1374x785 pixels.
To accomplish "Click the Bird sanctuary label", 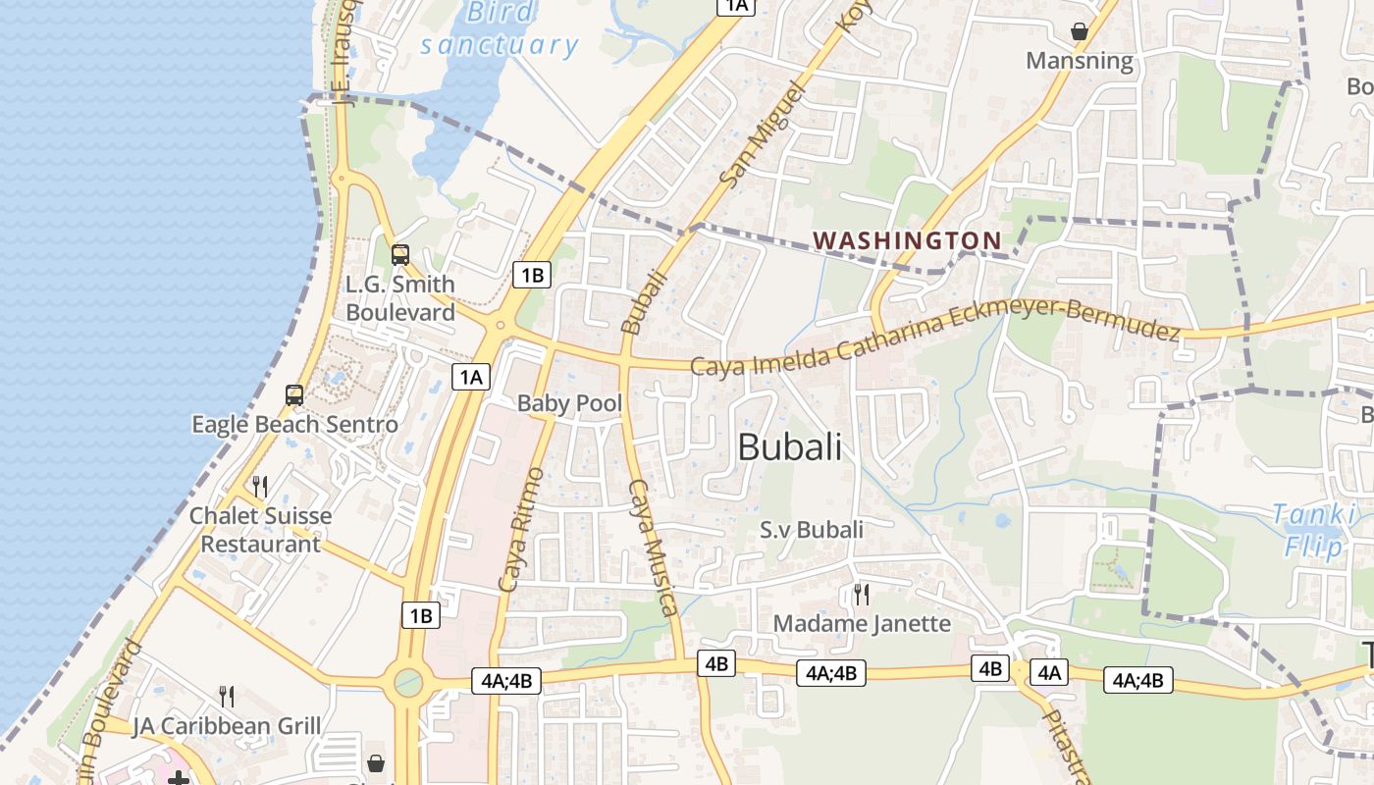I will point(500,28).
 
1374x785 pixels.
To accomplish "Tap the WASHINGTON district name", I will point(908,240).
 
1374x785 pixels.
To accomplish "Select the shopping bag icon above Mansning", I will point(1080,31).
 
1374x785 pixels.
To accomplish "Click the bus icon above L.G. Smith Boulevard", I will point(400,255).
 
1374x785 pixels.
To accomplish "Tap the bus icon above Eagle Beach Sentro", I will point(294,395).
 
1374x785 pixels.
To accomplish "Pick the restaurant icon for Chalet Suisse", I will point(260,486).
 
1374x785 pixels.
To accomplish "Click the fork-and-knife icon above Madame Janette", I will point(861,594).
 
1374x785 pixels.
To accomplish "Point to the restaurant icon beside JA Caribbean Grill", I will point(227,697).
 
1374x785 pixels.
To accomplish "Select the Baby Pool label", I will point(569,402).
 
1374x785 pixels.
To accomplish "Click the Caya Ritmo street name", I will point(521,530).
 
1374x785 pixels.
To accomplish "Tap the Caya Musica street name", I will point(654,547).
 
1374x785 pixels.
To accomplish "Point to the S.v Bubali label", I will point(812,530).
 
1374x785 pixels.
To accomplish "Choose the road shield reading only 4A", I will point(1049,672).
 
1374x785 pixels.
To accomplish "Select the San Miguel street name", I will point(763,134).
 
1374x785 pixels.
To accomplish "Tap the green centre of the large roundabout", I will point(408,681).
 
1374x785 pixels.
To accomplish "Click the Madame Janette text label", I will point(862,623).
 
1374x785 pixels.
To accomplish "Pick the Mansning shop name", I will point(1079,61).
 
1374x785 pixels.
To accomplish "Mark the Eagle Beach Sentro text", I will point(294,425).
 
